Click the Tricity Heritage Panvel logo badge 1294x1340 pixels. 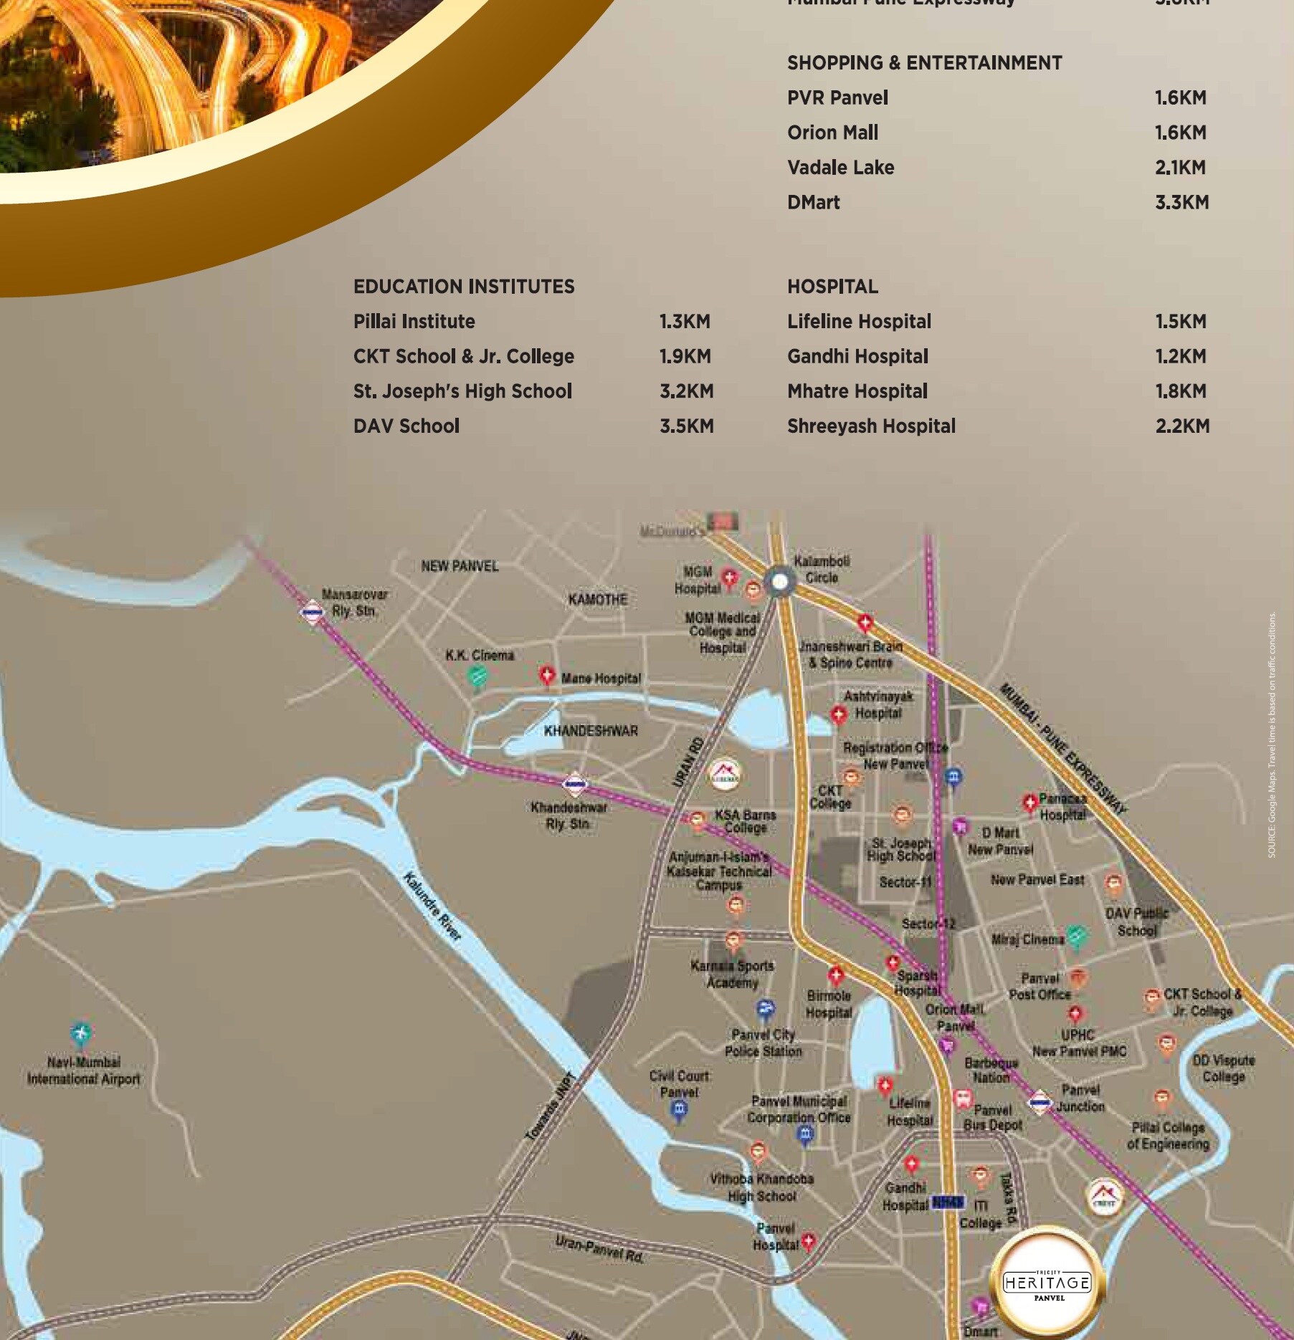[x=1047, y=1281]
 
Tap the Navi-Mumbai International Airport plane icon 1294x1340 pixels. [x=80, y=1033]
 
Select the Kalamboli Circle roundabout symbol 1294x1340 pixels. [x=779, y=581]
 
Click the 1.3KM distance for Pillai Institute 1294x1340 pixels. [x=685, y=322]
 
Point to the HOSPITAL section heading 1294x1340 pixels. [x=832, y=287]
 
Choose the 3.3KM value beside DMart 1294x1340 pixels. [x=1181, y=203]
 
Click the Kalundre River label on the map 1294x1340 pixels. [x=432, y=906]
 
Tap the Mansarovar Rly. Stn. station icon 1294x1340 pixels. [x=312, y=613]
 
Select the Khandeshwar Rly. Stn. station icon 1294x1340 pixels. [x=575, y=785]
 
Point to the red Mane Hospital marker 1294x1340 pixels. [x=547, y=675]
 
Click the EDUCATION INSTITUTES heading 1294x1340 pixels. [x=464, y=287]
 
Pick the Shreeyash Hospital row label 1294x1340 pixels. [x=871, y=426]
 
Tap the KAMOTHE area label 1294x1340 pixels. [x=597, y=600]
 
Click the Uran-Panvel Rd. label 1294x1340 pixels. [x=599, y=1250]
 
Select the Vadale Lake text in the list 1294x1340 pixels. [x=840, y=168]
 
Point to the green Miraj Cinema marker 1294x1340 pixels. [x=1075, y=936]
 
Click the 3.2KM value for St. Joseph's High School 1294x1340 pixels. [x=686, y=391]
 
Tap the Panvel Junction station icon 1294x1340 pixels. [x=1039, y=1102]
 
